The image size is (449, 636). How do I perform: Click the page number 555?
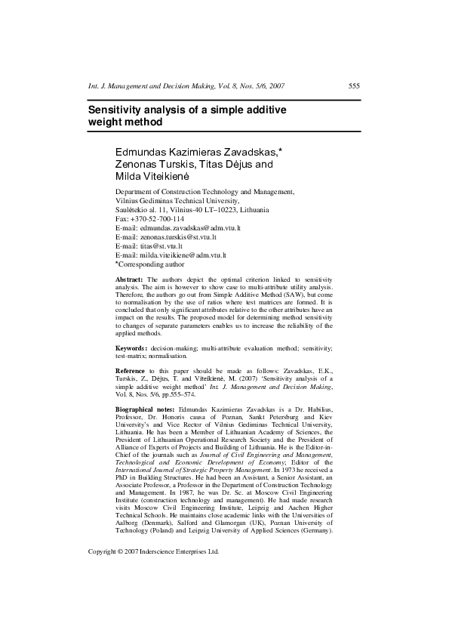coord(354,86)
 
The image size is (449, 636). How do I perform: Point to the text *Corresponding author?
coord(149,265)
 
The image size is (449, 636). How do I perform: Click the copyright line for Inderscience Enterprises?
coord(153,594)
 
